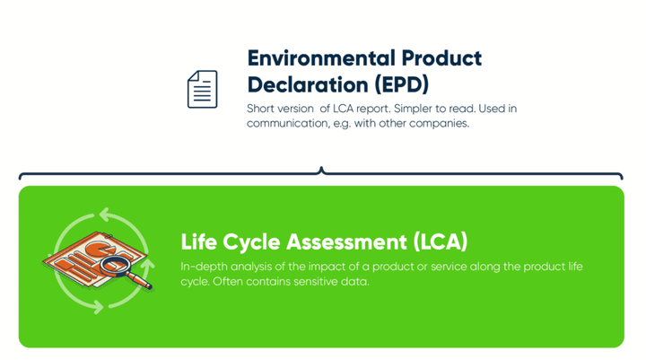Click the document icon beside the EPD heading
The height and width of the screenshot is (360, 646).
click(202, 89)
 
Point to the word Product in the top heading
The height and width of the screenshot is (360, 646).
click(442, 58)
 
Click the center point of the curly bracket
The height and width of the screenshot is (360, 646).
click(321, 171)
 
